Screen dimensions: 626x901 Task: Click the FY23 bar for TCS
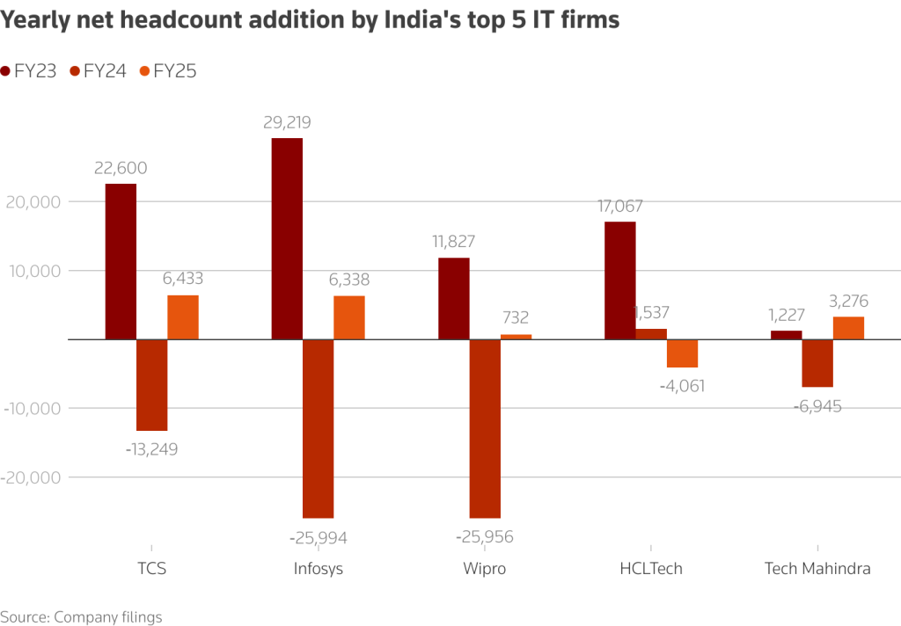[x=121, y=261]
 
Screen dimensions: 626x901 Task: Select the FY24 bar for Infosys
[x=318, y=428]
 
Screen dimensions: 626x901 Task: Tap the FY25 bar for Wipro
[x=516, y=337]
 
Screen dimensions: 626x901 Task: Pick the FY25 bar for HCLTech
[x=682, y=353]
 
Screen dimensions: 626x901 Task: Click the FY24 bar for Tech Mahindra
[x=817, y=363]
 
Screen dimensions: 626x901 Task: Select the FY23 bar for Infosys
[x=287, y=238]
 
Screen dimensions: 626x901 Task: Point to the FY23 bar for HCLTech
[x=620, y=280]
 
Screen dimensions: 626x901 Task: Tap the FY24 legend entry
[x=98, y=72]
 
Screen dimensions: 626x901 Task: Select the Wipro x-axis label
[x=485, y=568]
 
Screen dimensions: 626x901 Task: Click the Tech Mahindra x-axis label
[x=817, y=568]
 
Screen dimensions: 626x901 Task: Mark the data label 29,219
[x=287, y=123]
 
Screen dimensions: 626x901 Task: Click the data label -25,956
[x=485, y=537]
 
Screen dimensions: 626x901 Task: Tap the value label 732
[x=516, y=318]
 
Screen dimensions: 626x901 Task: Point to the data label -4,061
[x=682, y=385]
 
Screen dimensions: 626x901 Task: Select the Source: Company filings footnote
[x=81, y=616]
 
